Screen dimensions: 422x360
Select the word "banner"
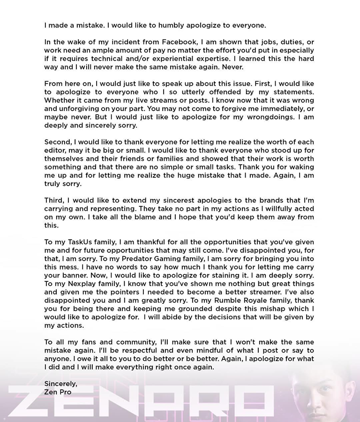(x=80, y=275)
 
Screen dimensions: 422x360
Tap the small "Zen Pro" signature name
(x=58, y=392)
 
